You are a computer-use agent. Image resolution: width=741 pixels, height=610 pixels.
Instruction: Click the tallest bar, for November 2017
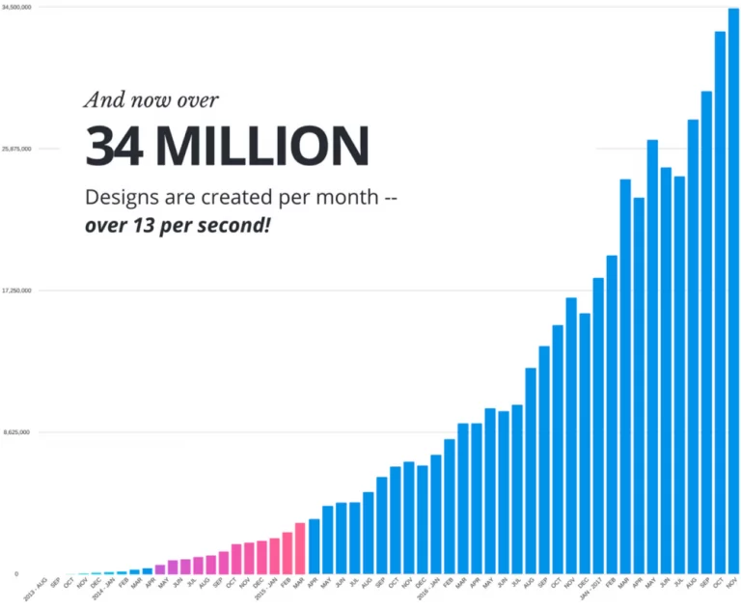pos(733,290)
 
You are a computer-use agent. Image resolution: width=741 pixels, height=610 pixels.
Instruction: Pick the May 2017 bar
pos(652,356)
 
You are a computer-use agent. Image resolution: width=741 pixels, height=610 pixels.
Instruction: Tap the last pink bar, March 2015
pos(300,547)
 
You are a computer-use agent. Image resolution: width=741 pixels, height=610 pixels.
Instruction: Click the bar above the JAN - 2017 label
pos(598,425)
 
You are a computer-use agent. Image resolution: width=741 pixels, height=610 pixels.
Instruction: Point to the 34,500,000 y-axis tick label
pos(17,8)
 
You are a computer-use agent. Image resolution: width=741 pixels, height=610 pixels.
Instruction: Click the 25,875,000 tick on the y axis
pos(17,149)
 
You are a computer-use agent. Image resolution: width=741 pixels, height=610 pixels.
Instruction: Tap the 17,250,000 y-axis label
pos(17,291)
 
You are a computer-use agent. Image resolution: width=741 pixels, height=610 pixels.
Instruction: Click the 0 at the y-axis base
pos(15,573)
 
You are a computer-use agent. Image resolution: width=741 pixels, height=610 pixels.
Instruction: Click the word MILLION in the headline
pos(261,146)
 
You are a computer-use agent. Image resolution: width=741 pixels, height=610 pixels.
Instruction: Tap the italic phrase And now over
pos(151,98)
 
